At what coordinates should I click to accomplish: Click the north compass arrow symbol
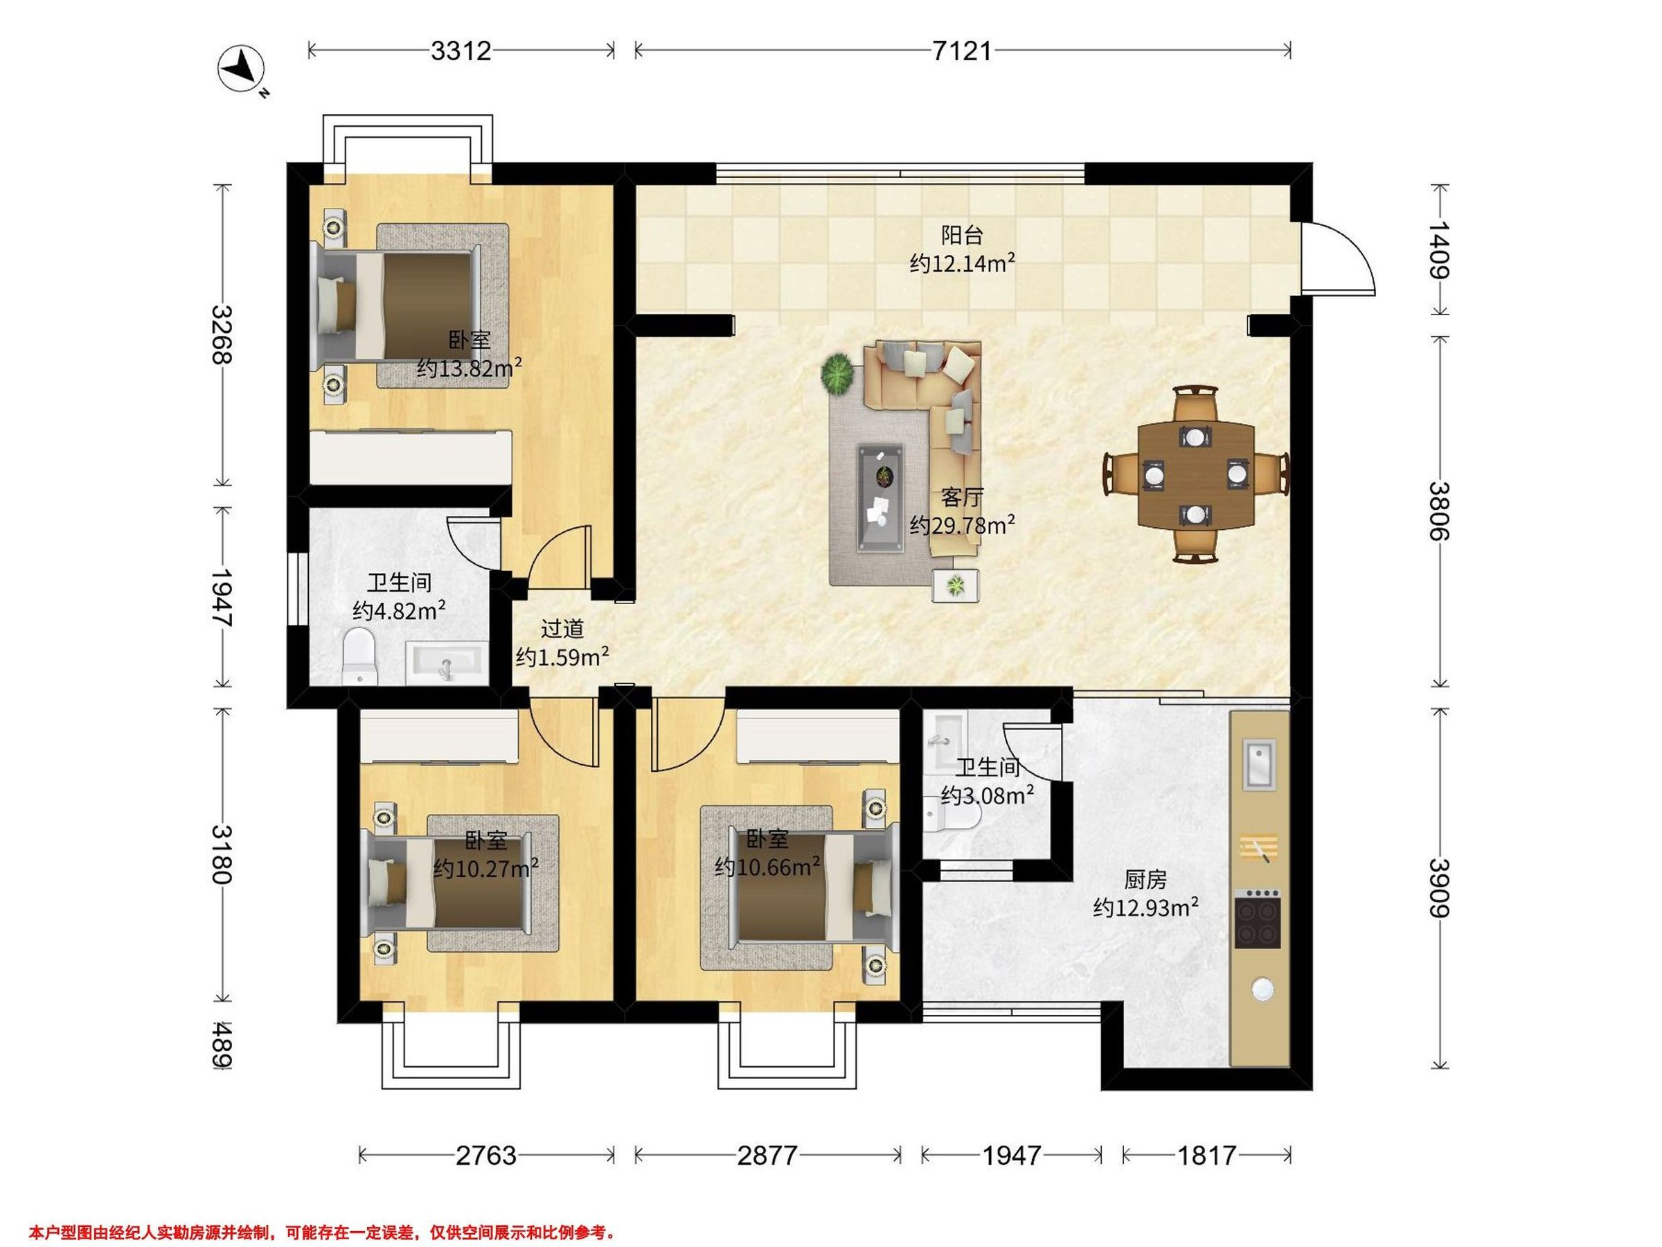[x=242, y=69]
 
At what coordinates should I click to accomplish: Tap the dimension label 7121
[x=963, y=51]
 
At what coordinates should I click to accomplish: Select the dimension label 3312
[x=461, y=51]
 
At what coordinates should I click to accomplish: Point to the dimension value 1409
[x=1438, y=249]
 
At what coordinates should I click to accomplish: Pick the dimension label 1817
[x=1206, y=1156]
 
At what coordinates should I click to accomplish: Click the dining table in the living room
[x=1196, y=475]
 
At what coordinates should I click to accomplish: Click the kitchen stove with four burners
[x=1258, y=919]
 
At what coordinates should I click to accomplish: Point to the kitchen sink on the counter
[x=1259, y=763]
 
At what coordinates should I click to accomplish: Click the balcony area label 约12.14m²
[x=963, y=263]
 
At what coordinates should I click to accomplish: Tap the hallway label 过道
[x=562, y=628]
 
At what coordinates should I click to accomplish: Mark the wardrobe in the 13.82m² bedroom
[x=411, y=457]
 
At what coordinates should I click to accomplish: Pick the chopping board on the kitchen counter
[x=1258, y=848]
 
